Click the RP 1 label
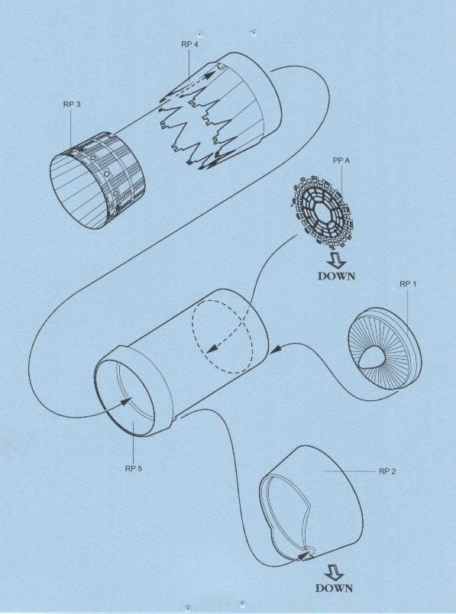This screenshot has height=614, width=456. tap(407, 284)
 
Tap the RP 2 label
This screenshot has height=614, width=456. tap(387, 471)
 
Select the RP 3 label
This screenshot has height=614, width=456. tap(71, 105)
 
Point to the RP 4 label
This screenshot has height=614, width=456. tap(189, 44)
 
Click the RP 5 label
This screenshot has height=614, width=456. tap(134, 468)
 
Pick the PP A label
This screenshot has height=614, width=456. tap(341, 160)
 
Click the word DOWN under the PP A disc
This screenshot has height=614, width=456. tap(337, 276)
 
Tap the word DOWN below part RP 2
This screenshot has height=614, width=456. tap(334, 588)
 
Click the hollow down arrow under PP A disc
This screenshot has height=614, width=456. tap(336, 260)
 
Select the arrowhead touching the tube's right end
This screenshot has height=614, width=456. tap(276, 348)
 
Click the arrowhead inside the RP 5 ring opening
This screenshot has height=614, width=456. tap(128, 401)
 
